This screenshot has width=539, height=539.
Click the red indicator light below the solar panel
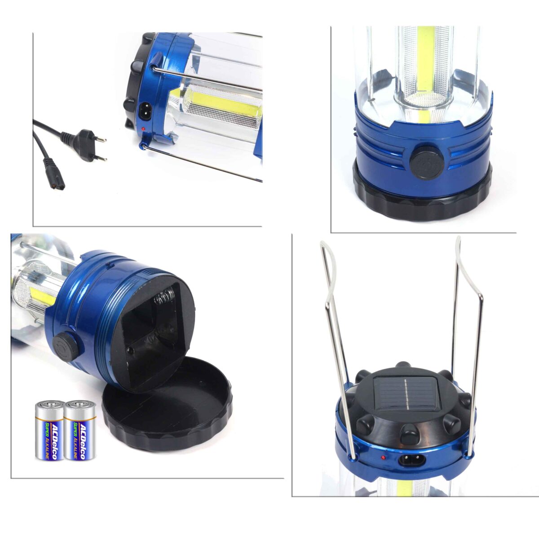(384, 457)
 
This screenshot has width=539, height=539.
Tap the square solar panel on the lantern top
(405, 394)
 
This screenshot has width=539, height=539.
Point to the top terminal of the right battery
(80, 403)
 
